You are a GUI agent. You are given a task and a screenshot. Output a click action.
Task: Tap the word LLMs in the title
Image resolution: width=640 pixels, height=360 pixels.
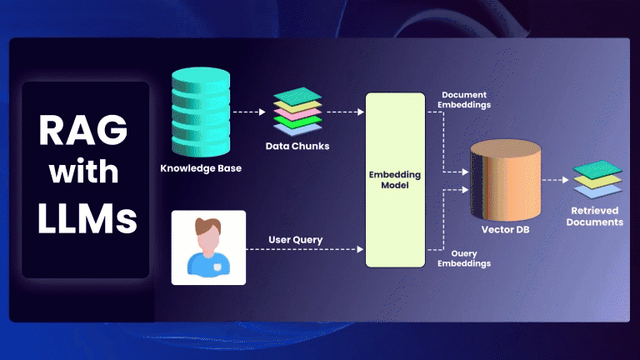coord(86,218)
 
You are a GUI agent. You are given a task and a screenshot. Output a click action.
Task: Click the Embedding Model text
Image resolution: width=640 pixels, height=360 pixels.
coord(395,180)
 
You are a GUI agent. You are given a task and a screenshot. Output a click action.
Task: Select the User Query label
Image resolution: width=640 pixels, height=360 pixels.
coord(296,240)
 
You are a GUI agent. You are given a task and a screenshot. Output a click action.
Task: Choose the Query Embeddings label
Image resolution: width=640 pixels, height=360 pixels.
coord(466,257)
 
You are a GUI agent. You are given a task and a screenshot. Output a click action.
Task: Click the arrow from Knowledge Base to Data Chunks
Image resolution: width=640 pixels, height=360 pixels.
coord(251,110)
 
